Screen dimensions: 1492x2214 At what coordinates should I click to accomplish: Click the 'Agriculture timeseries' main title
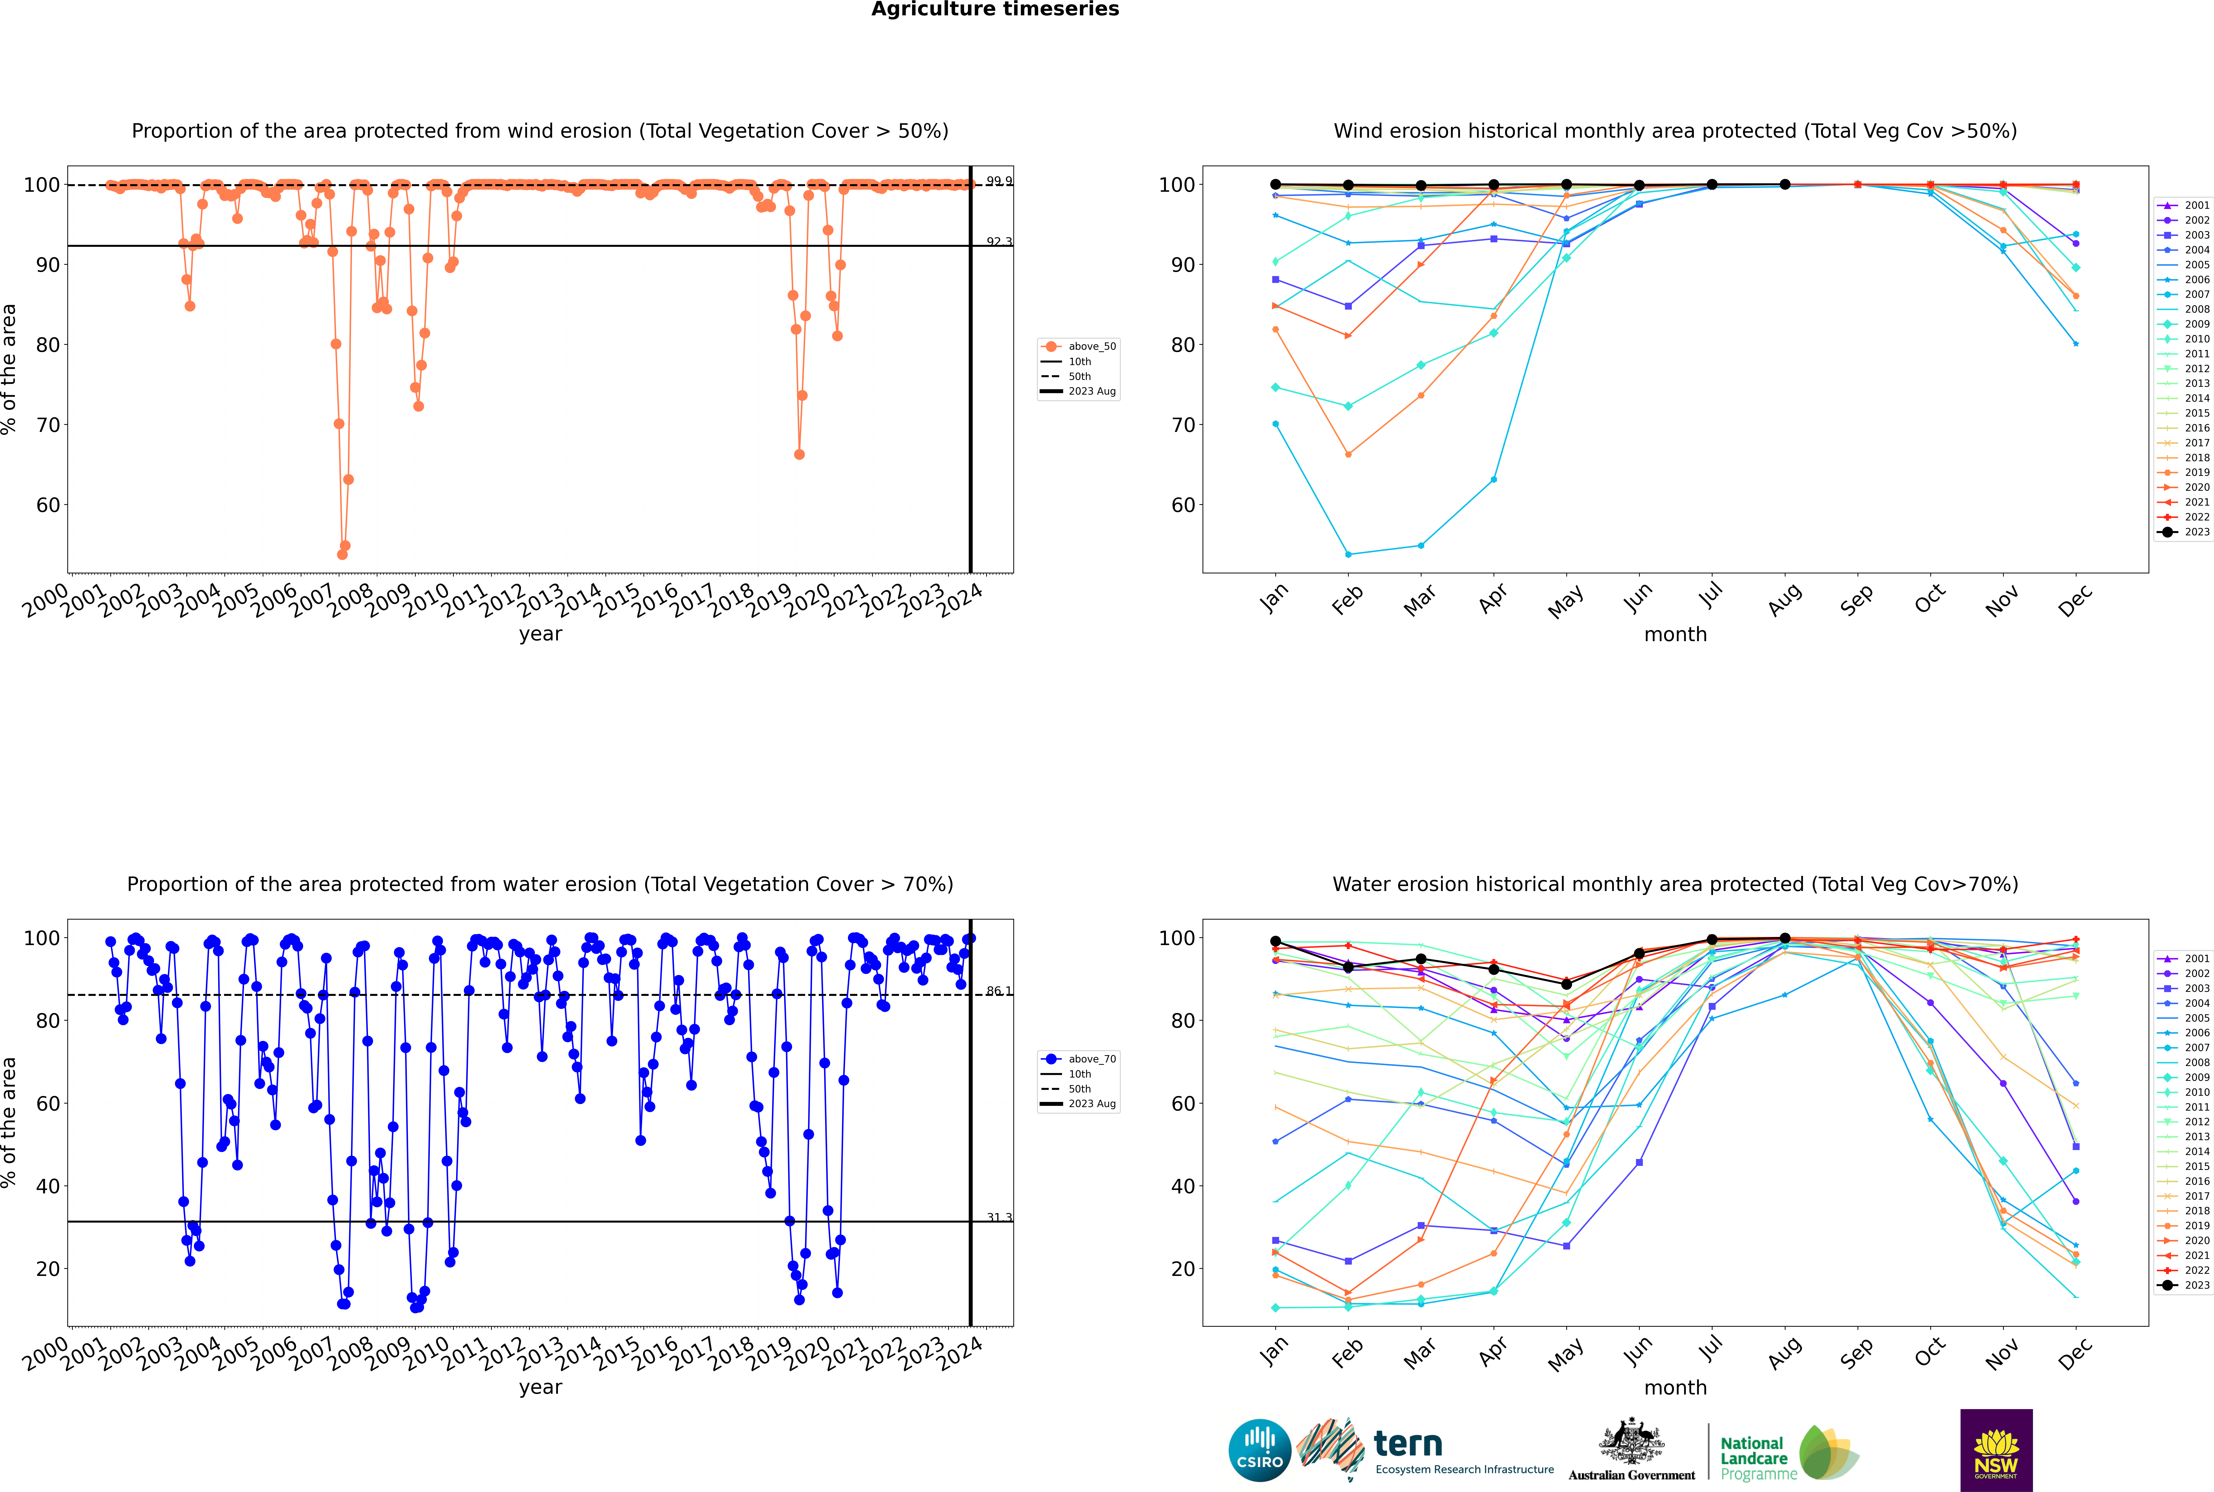pos(995,9)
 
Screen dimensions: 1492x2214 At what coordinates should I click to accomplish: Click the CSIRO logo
pos(1259,1450)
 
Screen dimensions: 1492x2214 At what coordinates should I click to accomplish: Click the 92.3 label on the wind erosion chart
pos(998,242)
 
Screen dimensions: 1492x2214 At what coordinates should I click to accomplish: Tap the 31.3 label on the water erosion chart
pos(998,1217)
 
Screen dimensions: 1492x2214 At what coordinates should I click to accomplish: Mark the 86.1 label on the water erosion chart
pos(998,992)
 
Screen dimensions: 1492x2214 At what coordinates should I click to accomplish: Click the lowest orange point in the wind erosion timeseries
pos(342,554)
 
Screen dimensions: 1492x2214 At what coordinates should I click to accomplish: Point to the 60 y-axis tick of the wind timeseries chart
pos(47,505)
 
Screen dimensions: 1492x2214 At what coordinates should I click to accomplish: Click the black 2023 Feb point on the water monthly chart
pos(1348,968)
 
